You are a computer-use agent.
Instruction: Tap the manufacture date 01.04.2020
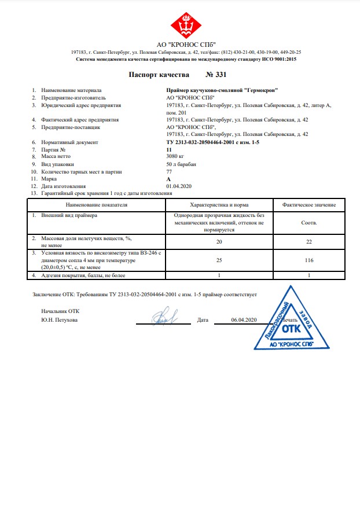178,186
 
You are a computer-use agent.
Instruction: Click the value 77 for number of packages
169,172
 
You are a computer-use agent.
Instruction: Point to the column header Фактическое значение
309,205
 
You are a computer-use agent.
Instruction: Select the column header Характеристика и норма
219,205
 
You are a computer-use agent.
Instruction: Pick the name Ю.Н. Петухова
59,320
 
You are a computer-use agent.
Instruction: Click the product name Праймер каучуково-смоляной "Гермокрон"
222,90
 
